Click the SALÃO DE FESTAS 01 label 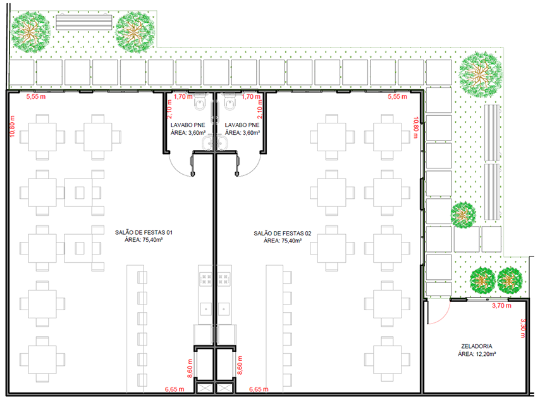pyautogui.click(x=144, y=233)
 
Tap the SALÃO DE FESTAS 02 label pyautogui.click(x=283, y=234)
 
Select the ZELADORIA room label pyautogui.click(x=477, y=346)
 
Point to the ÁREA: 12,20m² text pyautogui.click(x=477, y=354)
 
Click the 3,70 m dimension pyautogui.click(x=501, y=306)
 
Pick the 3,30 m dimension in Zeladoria pyautogui.click(x=523, y=328)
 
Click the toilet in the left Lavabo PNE pyautogui.click(x=200, y=101)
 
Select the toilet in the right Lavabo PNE pyautogui.click(x=230, y=101)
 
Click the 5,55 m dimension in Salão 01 pyautogui.click(x=36, y=96)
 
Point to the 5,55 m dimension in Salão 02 pyautogui.click(x=398, y=96)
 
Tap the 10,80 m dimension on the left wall pyautogui.click(x=13, y=126)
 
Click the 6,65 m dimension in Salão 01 pyautogui.click(x=175, y=389)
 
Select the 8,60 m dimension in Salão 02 pyautogui.click(x=240, y=365)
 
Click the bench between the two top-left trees pyautogui.click(x=84, y=22)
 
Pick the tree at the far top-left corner pyautogui.click(x=30, y=32)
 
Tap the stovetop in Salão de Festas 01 pyautogui.click(x=206, y=279)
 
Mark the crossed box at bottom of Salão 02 pyautogui.click(x=225, y=389)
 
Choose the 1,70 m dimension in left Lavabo pyautogui.click(x=183, y=96)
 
